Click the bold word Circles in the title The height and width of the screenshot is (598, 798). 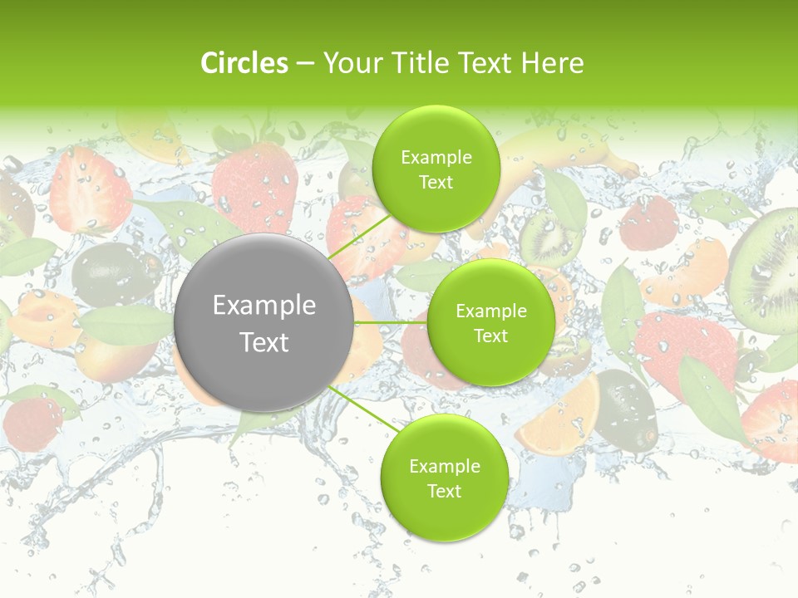coord(244,63)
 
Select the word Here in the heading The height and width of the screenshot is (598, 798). coord(552,63)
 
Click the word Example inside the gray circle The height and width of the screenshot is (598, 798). coord(264,306)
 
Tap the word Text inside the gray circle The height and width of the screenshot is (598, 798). coord(264,342)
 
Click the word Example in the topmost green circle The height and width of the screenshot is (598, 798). coord(436,158)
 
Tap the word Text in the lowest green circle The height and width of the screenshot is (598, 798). coord(444,492)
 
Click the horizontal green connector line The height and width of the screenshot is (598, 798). coord(391,322)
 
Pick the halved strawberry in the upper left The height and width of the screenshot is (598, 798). coord(90,191)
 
